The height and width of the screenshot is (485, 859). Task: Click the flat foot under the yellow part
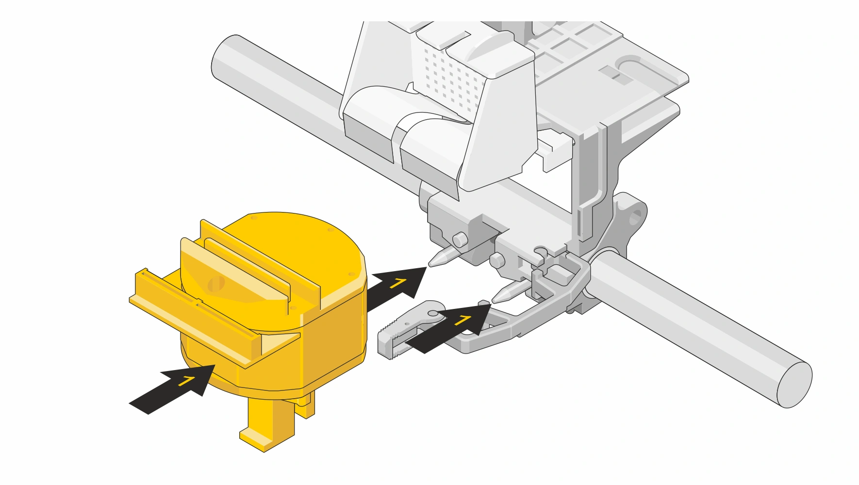pyautogui.click(x=267, y=439)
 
